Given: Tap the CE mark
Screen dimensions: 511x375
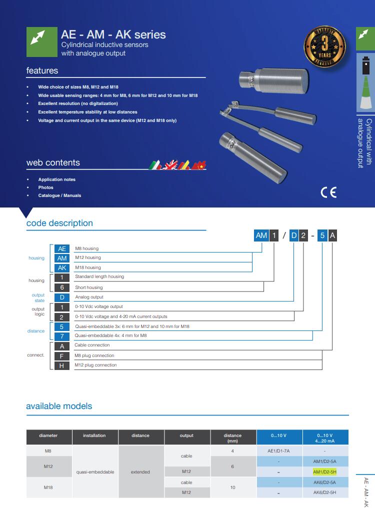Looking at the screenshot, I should coord(328,192).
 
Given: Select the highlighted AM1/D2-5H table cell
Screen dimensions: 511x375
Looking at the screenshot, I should coord(325,471).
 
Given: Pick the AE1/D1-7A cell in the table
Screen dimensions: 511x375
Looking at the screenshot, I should coord(279,450).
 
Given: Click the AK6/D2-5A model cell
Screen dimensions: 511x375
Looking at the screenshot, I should coord(325,482).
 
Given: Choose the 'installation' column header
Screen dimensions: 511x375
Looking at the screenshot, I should coord(94,435).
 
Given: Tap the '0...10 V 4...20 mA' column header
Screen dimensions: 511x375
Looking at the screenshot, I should coord(325,437).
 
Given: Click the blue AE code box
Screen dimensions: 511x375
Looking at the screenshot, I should coord(62,248).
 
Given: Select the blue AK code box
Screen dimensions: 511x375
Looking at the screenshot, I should coord(62,267).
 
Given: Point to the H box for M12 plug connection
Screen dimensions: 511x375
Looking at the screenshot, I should coord(62,365).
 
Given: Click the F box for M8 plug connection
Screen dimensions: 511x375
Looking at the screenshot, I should coord(62,355).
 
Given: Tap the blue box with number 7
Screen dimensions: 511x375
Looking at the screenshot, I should coord(62,336).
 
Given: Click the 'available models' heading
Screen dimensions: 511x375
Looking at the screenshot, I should coord(59,406).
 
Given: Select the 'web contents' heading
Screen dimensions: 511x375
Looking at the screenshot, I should coord(53,162).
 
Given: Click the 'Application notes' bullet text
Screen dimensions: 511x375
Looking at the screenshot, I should coord(57,179).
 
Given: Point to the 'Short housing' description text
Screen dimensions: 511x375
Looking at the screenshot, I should coord(88,287).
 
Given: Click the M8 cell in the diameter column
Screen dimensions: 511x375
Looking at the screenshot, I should coord(48,450).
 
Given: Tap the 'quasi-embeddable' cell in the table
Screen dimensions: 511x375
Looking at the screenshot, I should coord(95,471).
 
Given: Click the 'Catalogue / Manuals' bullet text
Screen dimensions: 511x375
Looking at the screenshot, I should coord(59,195).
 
